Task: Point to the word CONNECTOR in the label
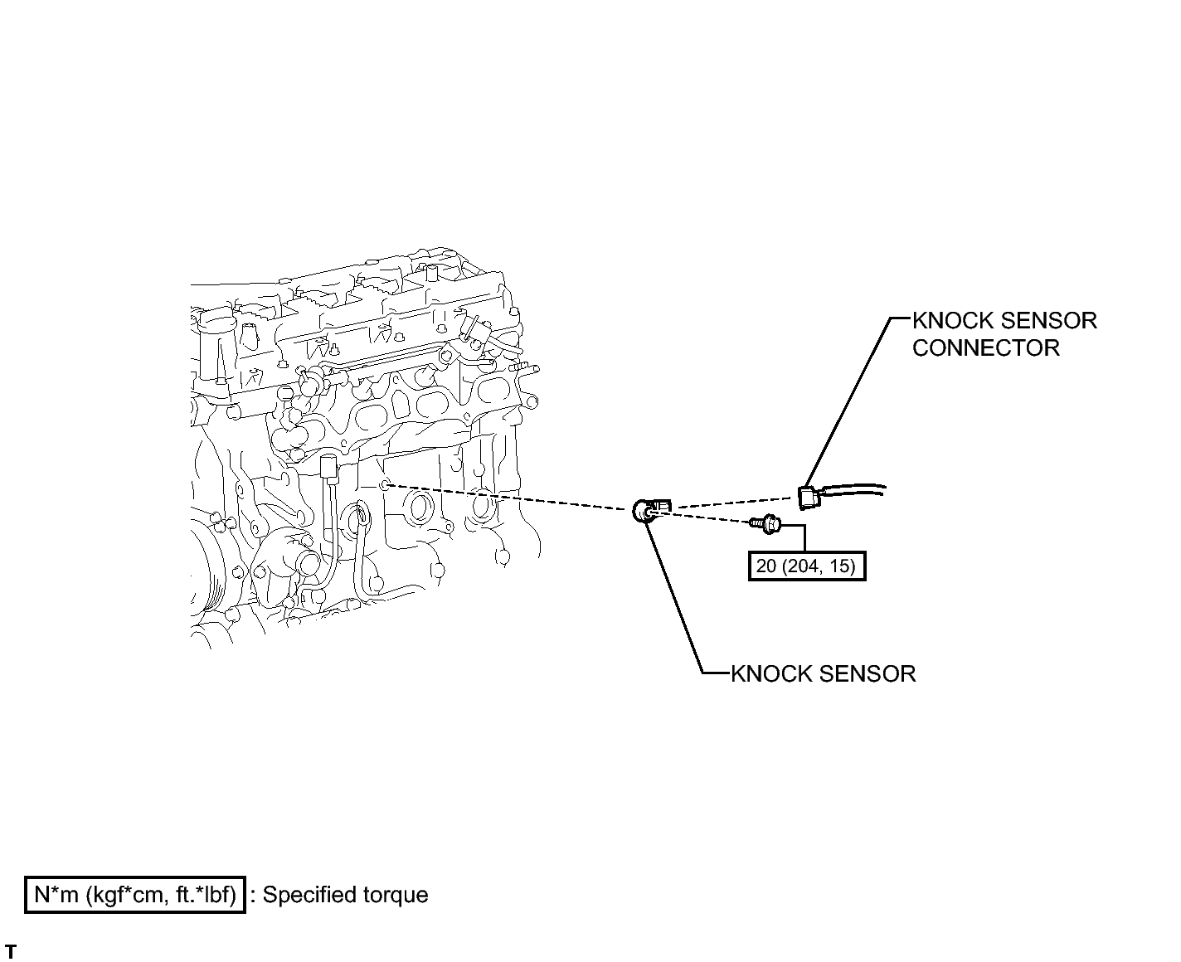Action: coord(985,347)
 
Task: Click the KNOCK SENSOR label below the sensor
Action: coord(823,673)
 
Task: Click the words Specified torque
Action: coord(346,896)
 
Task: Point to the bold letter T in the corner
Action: coord(11,951)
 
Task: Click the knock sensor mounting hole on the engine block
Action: coord(383,483)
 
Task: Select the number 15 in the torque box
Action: coord(838,566)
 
